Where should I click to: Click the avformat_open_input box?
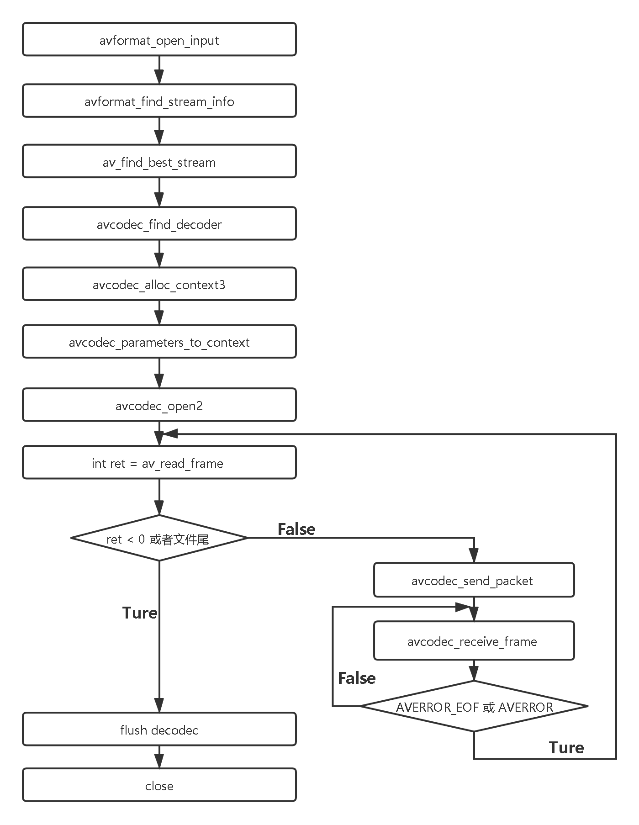click(159, 40)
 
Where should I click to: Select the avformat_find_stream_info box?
click(159, 101)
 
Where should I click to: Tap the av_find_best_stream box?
click(159, 162)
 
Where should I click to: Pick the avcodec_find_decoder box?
click(159, 224)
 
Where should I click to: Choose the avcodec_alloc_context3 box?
click(159, 285)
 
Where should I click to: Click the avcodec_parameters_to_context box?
click(159, 342)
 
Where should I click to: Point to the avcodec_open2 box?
click(159, 405)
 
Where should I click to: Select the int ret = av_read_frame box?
click(159, 463)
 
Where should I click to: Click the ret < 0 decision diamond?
click(158, 539)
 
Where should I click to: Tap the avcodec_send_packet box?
click(474, 581)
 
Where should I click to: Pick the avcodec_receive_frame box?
click(474, 641)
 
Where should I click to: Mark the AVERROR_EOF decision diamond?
click(474, 707)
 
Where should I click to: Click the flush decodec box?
click(159, 730)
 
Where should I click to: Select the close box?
click(159, 785)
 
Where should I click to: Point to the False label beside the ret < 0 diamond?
click(296, 529)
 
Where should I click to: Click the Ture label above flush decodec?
click(139, 613)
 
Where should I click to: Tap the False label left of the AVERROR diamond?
click(357, 678)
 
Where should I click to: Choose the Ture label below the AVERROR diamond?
click(566, 747)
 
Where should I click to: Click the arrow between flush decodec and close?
click(159, 757)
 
